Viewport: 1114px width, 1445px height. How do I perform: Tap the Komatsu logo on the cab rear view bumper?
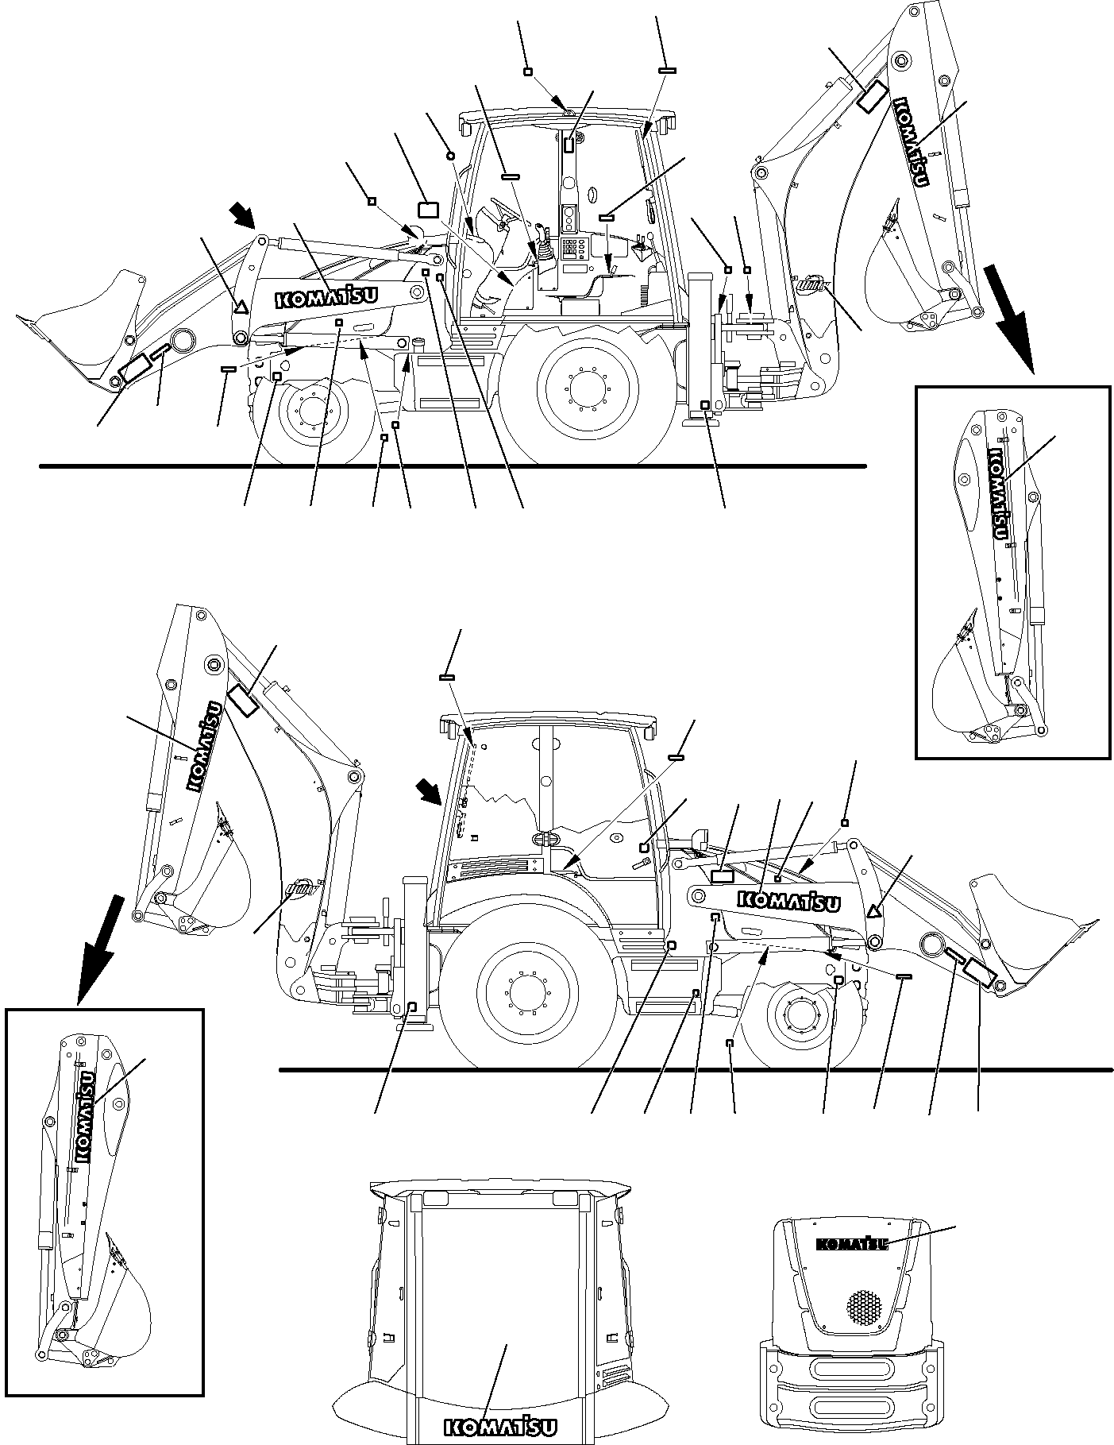[x=500, y=1428]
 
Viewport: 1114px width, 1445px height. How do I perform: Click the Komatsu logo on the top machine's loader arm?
[x=326, y=298]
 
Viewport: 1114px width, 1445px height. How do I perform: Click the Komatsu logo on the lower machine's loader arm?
[x=789, y=901]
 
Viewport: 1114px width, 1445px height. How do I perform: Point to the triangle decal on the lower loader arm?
[x=874, y=911]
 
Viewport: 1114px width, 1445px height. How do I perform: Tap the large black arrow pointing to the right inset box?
[x=1008, y=318]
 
